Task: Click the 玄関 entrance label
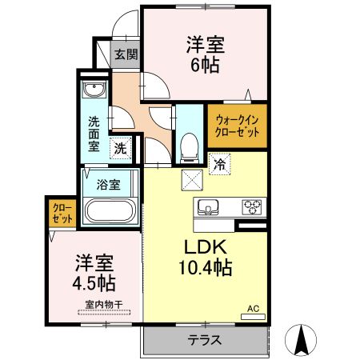click(125, 55)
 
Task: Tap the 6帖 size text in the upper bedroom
click(206, 65)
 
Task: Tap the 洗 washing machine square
click(120, 147)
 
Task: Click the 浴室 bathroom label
click(109, 186)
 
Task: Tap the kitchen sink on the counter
click(206, 206)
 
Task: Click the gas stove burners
click(252, 206)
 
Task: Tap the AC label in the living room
click(252, 307)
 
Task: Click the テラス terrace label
click(205, 339)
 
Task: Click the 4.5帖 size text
click(94, 283)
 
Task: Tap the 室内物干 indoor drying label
click(99, 304)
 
